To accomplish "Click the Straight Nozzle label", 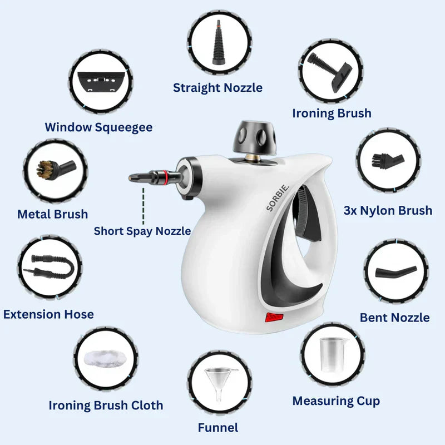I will pyautogui.click(x=217, y=87).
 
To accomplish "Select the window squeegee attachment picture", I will pyautogui.click(x=101, y=83).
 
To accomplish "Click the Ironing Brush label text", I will pyautogui.click(x=332, y=113).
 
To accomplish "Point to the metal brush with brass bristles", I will pyautogui.click(x=52, y=169).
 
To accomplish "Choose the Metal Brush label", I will pyautogui.click(x=52, y=214).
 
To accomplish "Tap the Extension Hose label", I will pyautogui.click(x=48, y=314).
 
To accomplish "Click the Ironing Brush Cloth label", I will pyautogui.click(x=106, y=405).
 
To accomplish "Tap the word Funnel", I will pyautogui.click(x=218, y=427).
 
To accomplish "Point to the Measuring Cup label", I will pyautogui.click(x=336, y=400).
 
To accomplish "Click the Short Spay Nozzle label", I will pyautogui.click(x=142, y=231).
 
